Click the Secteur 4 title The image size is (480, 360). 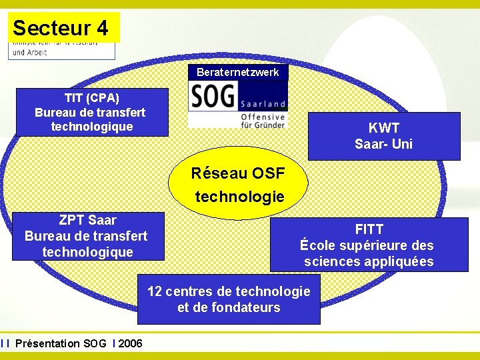tap(60, 28)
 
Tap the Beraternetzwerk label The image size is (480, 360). tap(238, 72)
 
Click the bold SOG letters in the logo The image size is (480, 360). tap(213, 97)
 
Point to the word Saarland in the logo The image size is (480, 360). tap(263, 104)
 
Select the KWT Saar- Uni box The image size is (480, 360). tap(384, 136)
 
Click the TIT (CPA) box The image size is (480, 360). tap(92, 112)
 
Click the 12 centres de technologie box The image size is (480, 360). tap(229, 299)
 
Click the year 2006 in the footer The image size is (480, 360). tap(130, 343)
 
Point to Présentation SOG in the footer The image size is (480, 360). tap(61, 343)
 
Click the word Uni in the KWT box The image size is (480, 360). tap(403, 143)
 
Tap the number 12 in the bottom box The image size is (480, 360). tap(155, 291)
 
